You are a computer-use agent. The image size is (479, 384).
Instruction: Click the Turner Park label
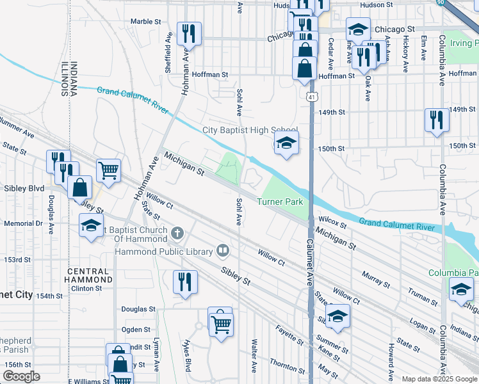280,202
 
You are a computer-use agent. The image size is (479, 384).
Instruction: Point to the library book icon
223,250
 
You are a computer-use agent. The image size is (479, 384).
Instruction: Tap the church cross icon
177,234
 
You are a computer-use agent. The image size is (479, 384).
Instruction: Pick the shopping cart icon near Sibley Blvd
109,170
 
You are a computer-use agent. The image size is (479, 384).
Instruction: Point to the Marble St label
145,21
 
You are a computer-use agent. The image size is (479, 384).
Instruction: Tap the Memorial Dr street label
22,224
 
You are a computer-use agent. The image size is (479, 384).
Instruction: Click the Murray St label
376,279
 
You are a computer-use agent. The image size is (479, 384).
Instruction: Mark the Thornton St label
288,365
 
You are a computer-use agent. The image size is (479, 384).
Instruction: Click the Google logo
22,376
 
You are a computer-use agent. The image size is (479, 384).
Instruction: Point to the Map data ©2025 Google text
439,379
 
